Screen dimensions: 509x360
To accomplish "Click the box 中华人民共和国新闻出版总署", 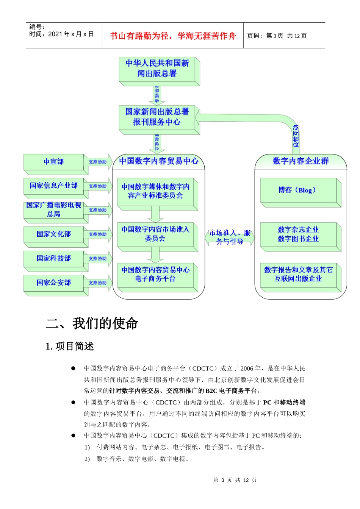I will pos(157,69).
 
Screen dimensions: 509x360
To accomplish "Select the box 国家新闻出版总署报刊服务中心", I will pos(157,117).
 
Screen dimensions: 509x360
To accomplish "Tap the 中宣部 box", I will pos(54,162).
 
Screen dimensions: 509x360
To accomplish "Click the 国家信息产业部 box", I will pos(54,186).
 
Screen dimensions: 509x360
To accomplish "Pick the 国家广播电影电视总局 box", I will pos(54,210).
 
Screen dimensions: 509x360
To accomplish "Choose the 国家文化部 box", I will pos(54,234).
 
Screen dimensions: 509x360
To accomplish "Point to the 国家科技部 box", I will pos(54,258).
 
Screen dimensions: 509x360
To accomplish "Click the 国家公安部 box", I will pos(54,283).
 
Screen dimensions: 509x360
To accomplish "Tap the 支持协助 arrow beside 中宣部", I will pos(98,162).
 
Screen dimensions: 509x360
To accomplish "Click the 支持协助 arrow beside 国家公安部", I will pos(98,283).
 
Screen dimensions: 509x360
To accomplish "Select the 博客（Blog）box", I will pos(298,190).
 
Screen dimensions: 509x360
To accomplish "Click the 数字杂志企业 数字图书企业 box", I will pos(298,234).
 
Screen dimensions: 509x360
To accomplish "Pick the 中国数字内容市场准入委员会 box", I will pos(155,234).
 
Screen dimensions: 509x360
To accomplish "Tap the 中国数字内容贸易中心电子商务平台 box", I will pos(155,274).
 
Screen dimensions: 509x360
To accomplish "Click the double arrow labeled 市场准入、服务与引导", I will pos(230,237).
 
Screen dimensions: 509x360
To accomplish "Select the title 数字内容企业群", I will pos(301,161).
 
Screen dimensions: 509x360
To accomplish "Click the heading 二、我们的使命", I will pos(92,323).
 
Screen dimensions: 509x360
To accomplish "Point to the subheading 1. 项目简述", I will pos(70,346).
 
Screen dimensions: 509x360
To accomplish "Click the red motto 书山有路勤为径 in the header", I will pos(173,36).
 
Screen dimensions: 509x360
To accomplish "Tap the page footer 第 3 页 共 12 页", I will pos(235,480).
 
